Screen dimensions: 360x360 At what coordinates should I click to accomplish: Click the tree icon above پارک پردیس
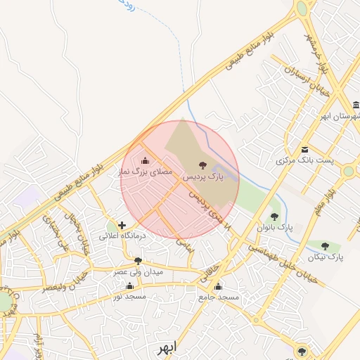(x=202, y=166)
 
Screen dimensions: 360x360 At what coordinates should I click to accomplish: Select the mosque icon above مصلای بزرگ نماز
(x=146, y=160)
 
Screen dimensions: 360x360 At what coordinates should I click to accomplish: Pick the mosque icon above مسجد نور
(x=129, y=285)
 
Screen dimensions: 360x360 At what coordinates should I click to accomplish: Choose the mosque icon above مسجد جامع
(x=218, y=286)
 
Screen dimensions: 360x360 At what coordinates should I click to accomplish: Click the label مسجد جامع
(x=218, y=297)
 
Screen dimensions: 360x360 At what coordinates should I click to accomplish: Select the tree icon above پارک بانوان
(x=274, y=217)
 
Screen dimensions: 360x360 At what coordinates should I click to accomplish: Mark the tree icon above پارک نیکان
(x=325, y=246)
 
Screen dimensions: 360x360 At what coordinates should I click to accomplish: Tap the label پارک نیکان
(x=325, y=257)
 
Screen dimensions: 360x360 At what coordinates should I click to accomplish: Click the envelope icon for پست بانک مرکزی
(x=304, y=149)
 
